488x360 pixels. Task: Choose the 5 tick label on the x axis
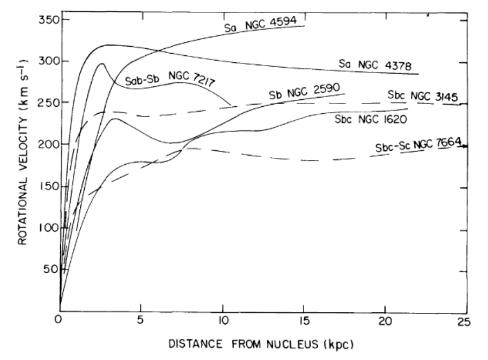140,320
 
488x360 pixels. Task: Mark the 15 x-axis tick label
304,320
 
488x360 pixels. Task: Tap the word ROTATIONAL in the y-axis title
23,209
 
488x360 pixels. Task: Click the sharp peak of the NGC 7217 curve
101,63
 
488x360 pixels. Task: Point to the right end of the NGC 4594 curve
305,25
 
